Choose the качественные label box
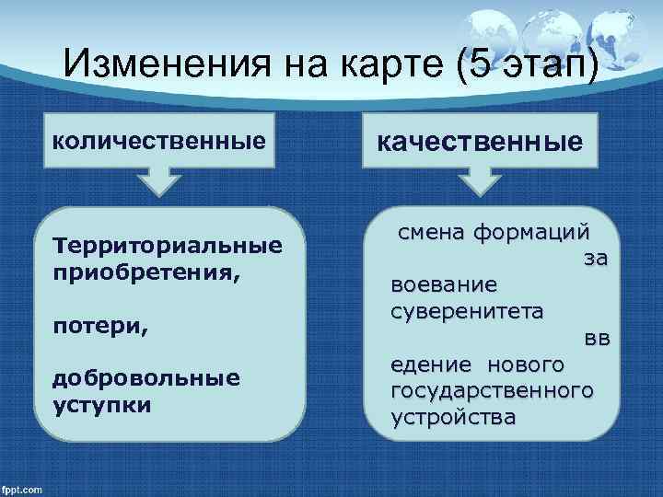[x=476, y=141]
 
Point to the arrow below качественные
[x=478, y=181]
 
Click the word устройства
[x=453, y=418]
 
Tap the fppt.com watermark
[x=23, y=488]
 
